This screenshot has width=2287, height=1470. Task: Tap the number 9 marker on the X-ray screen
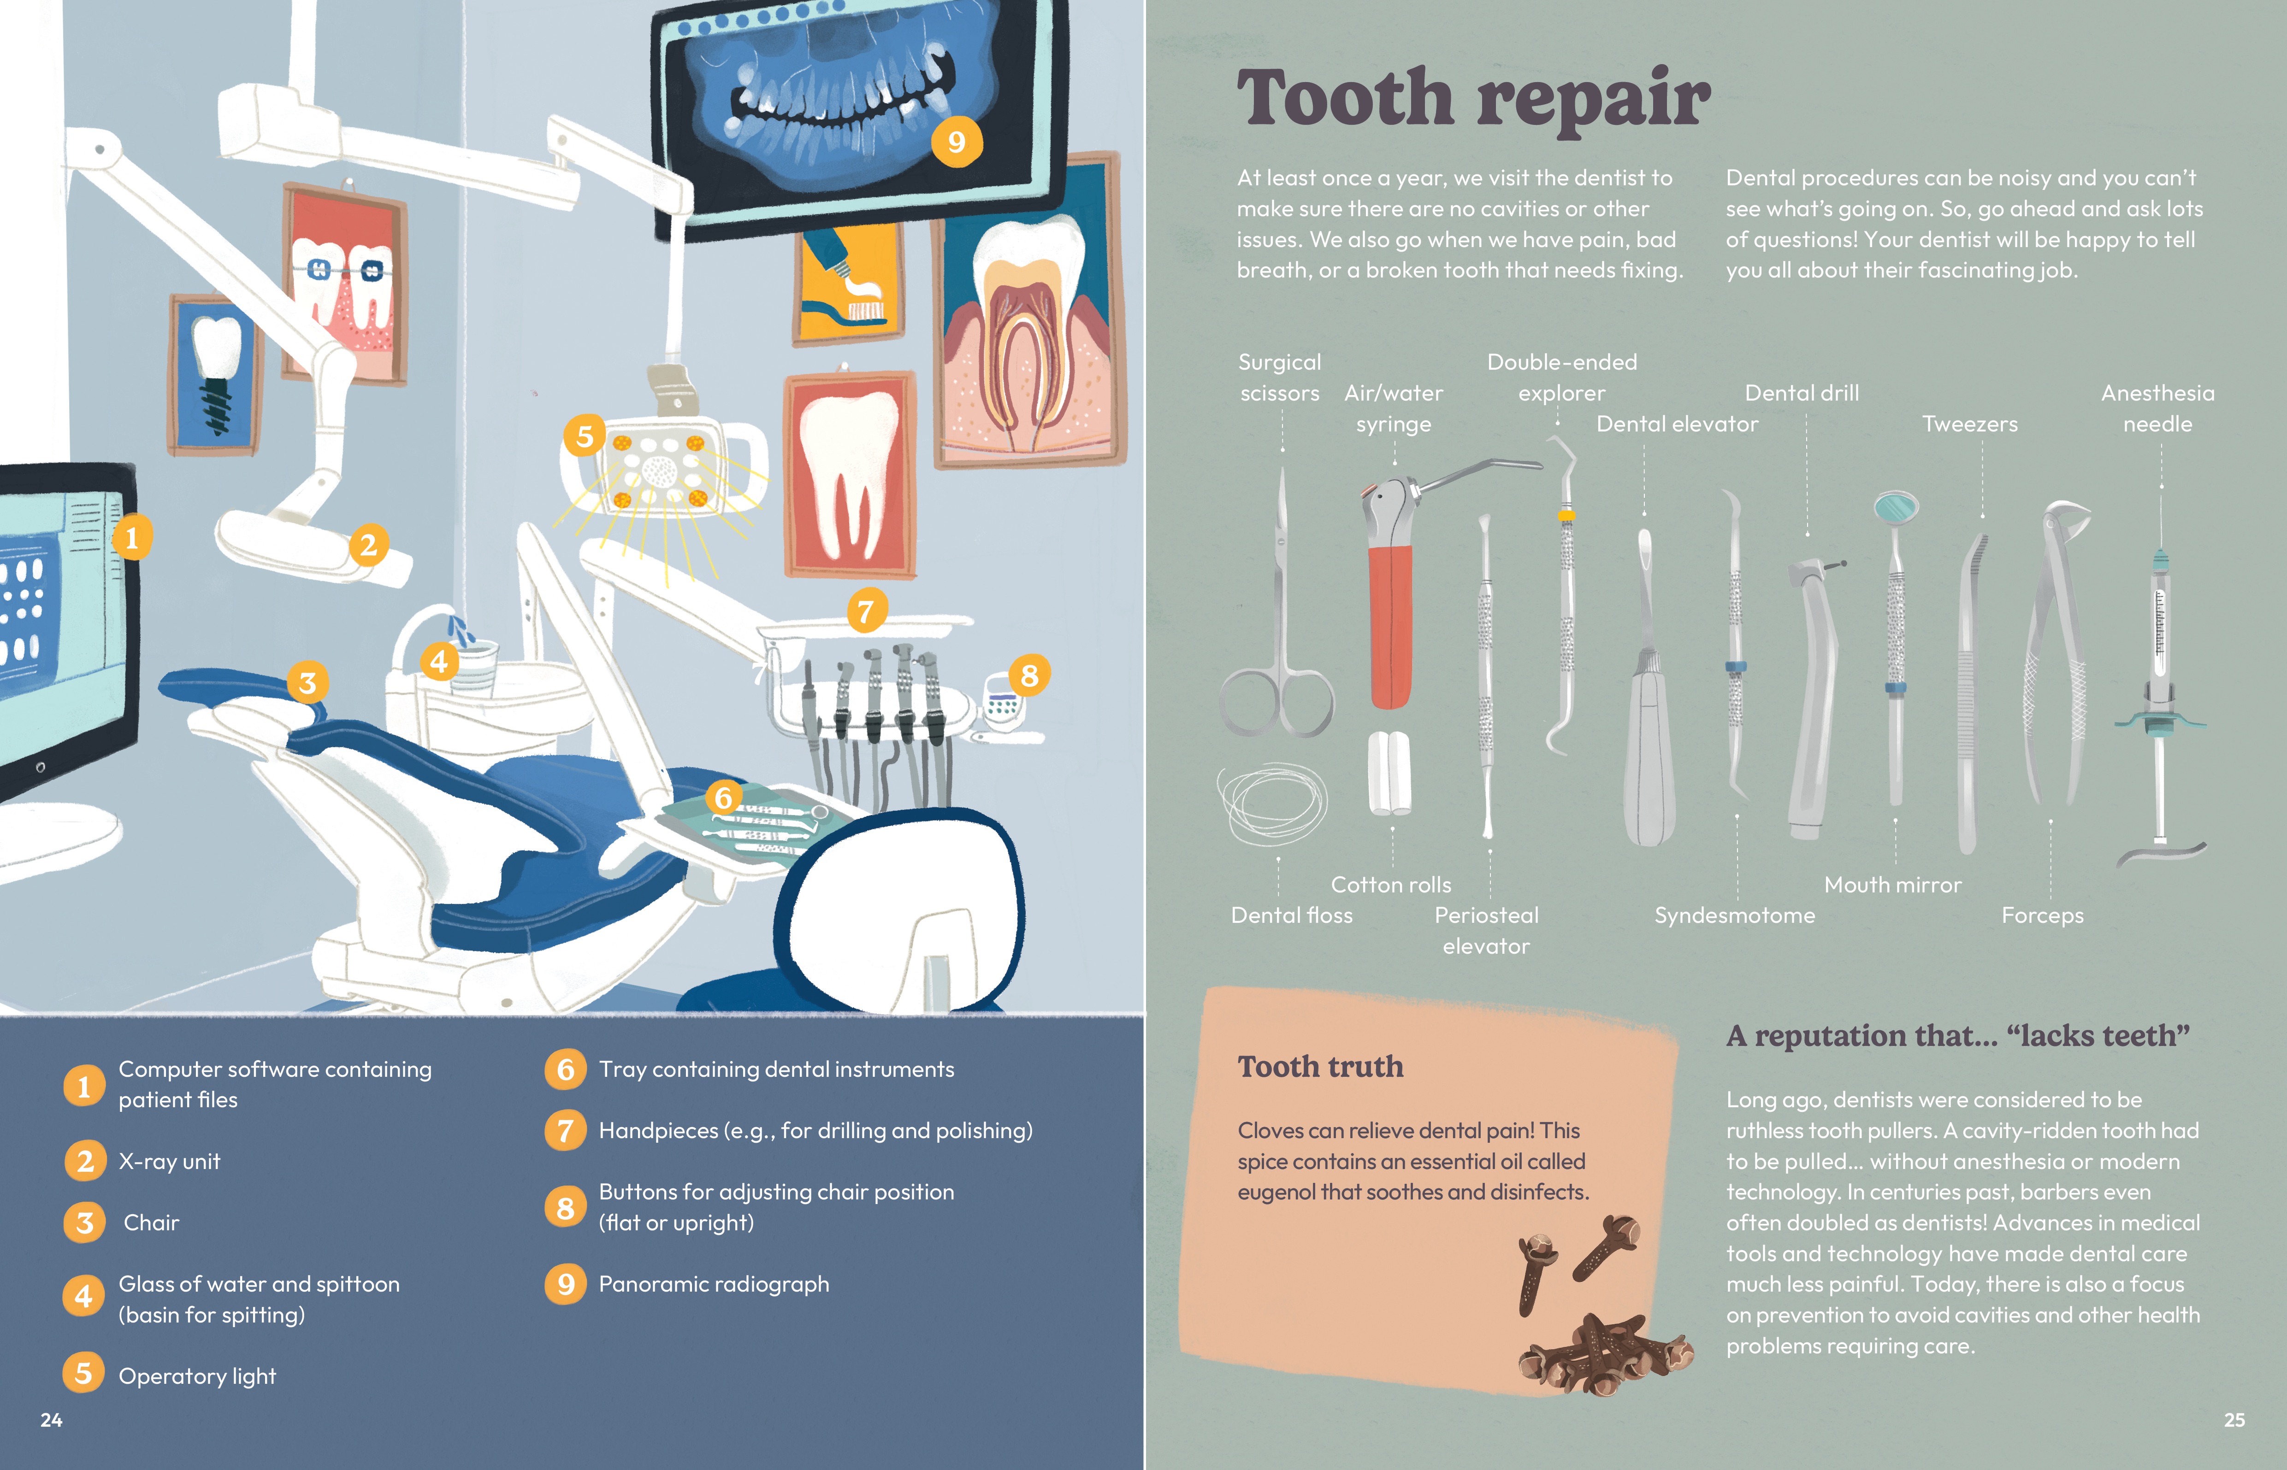(x=957, y=142)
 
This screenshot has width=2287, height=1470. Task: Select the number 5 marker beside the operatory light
(x=585, y=436)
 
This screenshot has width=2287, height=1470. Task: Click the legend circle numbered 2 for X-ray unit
(x=85, y=1162)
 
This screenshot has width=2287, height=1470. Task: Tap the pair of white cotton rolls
(x=1390, y=772)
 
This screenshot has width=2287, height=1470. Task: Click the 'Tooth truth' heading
(x=1320, y=1066)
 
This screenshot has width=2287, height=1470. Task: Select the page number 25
(x=2234, y=1419)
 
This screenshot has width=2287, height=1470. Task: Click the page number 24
(x=52, y=1419)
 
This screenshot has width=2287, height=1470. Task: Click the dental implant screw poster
(x=215, y=375)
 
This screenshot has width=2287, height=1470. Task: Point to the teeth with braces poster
(x=346, y=283)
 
